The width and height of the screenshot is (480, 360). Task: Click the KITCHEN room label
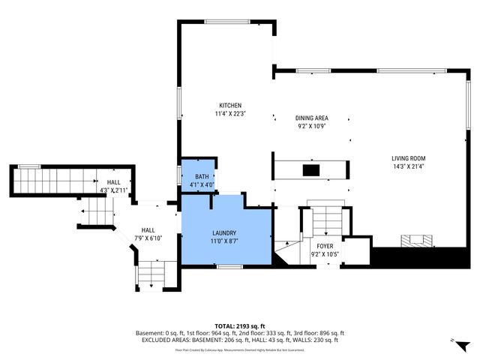[x=229, y=105]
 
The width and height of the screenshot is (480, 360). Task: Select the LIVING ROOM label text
[x=408, y=158]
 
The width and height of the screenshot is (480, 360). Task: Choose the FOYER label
[x=325, y=245]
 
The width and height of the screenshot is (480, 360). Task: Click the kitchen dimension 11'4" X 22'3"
[x=229, y=113]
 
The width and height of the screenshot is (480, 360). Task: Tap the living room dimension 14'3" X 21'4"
[x=408, y=167]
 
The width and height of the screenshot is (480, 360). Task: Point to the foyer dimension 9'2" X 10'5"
[x=325, y=253]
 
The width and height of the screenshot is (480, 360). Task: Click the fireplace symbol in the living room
[x=416, y=241]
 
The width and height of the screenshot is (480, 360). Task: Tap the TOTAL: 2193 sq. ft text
[x=239, y=325]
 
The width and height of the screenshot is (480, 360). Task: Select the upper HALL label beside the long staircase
[x=113, y=181]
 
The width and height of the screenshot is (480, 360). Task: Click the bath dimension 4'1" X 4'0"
[x=199, y=184]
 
